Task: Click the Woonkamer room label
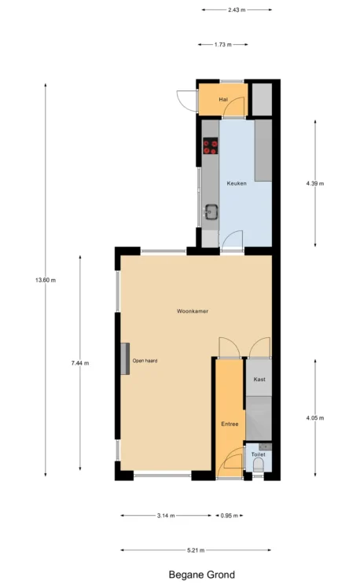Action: (193, 311)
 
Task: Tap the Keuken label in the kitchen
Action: (237, 183)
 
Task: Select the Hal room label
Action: (223, 99)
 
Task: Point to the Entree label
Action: (230, 424)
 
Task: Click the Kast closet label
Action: (259, 380)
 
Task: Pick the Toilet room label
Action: (259, 454)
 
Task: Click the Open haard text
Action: (145, 361)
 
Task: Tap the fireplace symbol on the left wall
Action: (125, 359)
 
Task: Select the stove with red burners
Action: (211, 146)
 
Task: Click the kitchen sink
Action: (211, 212)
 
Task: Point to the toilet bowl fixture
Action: (259, 465)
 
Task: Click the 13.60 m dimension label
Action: (46, 280)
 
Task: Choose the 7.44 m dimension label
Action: (80, 363)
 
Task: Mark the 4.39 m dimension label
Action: (315, 183)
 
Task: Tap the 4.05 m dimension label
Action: (315, 417)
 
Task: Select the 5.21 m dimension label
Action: (196, 550)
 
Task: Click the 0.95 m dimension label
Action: (229, 516)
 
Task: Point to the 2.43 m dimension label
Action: (237, 9)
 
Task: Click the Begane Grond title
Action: (202, 575)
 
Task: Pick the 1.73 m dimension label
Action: (222, 45)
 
